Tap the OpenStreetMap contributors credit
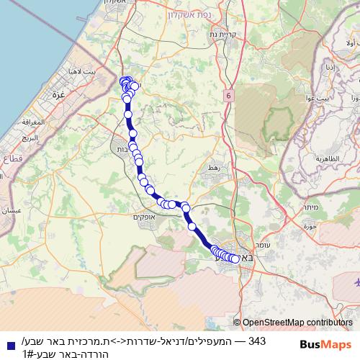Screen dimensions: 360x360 297,323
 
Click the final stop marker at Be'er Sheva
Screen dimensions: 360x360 235,259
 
